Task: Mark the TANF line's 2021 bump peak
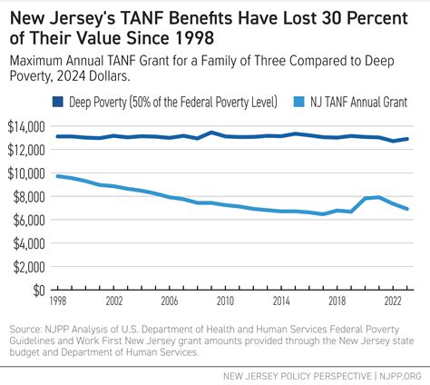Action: coord(377,196)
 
